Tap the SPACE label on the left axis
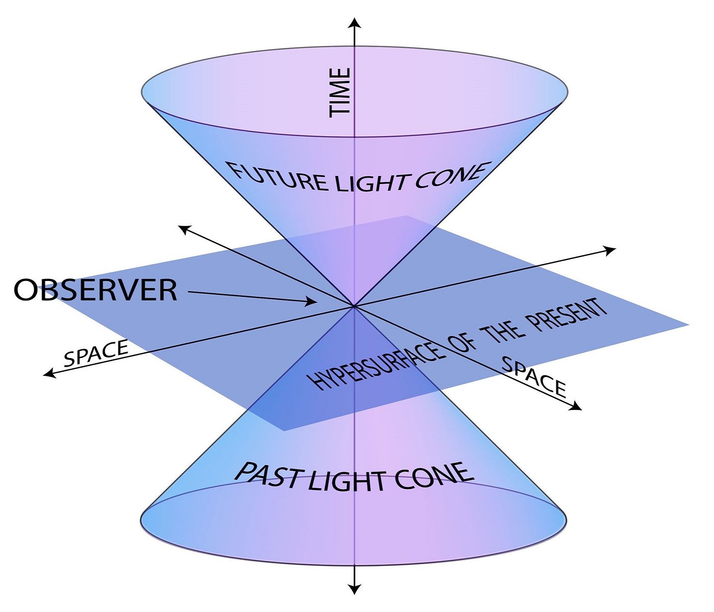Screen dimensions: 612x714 tap(96, 353)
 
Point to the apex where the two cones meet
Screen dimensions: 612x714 tap(353, 306)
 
